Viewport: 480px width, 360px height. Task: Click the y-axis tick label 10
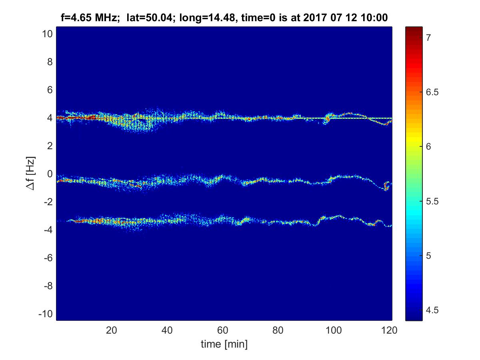pos(46,34)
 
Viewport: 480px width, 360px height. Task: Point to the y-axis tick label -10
pos(45,314)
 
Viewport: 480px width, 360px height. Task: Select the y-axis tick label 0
pos(49,174)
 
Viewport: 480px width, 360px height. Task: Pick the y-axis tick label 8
pos(49,62)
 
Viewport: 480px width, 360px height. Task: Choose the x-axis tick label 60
pos(222,330)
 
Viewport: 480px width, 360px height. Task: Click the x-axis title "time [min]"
pos(224,344)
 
